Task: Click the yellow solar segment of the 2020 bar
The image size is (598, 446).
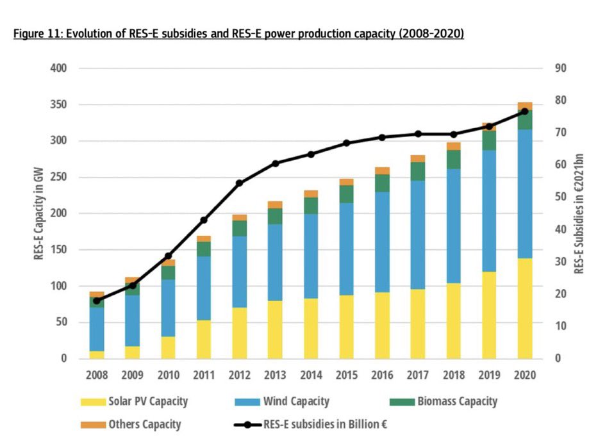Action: [x=525, y=308]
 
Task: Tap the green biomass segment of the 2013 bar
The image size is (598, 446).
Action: [x=276, y=216]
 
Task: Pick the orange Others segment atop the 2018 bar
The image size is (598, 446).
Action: [x=454, y=146]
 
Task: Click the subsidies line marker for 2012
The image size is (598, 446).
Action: [x=240, y=183]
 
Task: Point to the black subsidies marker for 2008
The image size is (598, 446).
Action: [x=97, y=301]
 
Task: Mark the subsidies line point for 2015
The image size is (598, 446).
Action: [x=347, y=143]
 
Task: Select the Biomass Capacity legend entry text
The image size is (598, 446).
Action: [x=457, y=402]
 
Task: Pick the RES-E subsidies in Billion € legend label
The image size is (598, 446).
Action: [x=325, y=424]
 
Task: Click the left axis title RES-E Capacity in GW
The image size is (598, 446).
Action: [x=39, y=213]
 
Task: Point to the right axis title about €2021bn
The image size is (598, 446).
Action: [x=579, y=213]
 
